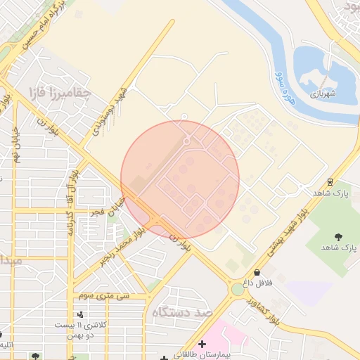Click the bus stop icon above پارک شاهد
coord(330,180)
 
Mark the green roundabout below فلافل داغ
coord(238,289)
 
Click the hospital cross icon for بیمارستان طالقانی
coord(202,344)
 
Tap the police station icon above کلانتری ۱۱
coord(82,314)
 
